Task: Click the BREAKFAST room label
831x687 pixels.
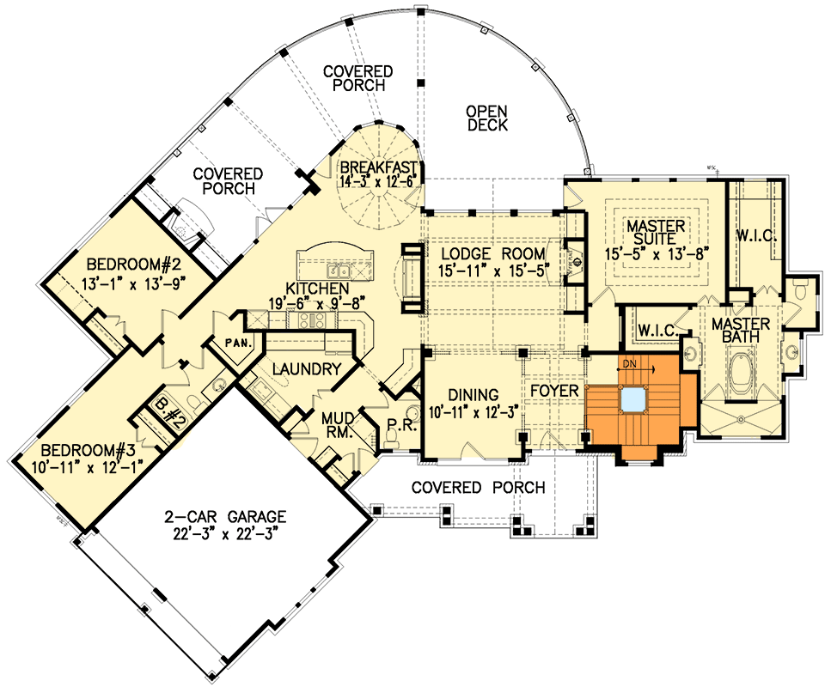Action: [x=377, y=167]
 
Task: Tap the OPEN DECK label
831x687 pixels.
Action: [x=487, y=118]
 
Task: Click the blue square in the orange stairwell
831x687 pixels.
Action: [x=634, y=398]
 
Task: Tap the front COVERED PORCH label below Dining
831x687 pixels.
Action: [x=478, y=488]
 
